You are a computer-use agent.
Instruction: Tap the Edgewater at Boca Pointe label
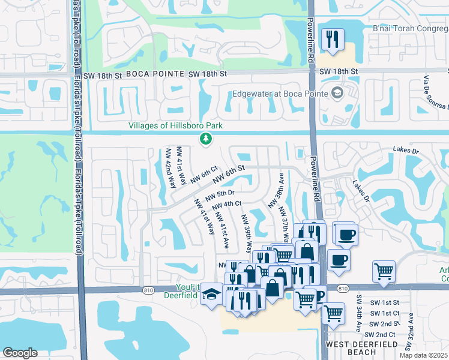[x=279, y=93]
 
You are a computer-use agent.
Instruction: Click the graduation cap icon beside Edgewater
[x=337, y=92]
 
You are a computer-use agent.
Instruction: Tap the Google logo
[x=20, y=353]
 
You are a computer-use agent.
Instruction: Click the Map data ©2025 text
[x=424, y=355]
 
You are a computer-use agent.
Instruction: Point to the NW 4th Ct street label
[x=228, y=205]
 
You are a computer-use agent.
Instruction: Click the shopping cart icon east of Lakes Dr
[x=384, y=271]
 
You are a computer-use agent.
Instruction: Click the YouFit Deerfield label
[x=180, y=290]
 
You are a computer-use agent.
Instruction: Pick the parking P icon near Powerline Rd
[x=318, y=295]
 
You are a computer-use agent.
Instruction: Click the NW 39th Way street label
[x=247, y=233]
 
